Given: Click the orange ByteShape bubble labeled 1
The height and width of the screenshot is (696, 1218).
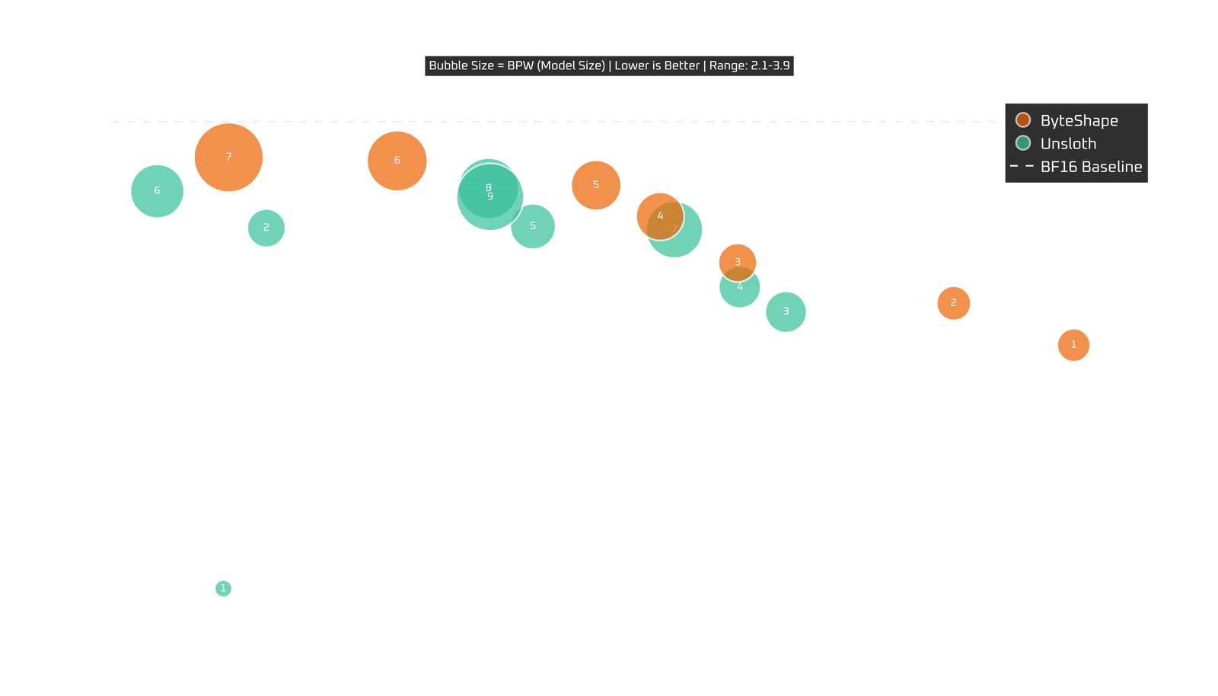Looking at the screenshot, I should tap(1073, 345).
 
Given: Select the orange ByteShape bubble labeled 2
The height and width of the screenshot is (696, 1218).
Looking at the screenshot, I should tap(953, 303).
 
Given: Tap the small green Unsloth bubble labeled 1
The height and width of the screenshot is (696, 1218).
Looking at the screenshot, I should tap(223, 588).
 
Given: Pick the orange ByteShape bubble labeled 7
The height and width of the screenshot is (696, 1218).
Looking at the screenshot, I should tap(228, 158).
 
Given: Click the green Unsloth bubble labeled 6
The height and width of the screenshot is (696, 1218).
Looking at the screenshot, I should tap(157, 190).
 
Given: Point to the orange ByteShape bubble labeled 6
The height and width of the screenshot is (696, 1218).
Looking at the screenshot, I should tap(397, 161).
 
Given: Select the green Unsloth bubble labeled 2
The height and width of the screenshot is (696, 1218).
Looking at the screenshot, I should tap(266, 228).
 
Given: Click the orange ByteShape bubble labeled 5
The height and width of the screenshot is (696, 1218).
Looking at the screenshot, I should tap(596, 185).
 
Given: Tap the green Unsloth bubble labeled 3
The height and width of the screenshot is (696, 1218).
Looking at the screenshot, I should tap(786, 311).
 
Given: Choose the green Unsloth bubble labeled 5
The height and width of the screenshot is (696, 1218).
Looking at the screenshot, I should tap(533, 226).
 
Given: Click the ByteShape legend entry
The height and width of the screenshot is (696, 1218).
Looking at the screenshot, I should tap(1078, 120).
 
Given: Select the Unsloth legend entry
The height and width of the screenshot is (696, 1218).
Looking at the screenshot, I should tap(1067, 143).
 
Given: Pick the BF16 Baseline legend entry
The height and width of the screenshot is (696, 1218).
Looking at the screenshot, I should tap(1090, 166).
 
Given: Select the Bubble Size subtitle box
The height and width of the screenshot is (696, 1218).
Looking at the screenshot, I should tap(609, 65).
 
